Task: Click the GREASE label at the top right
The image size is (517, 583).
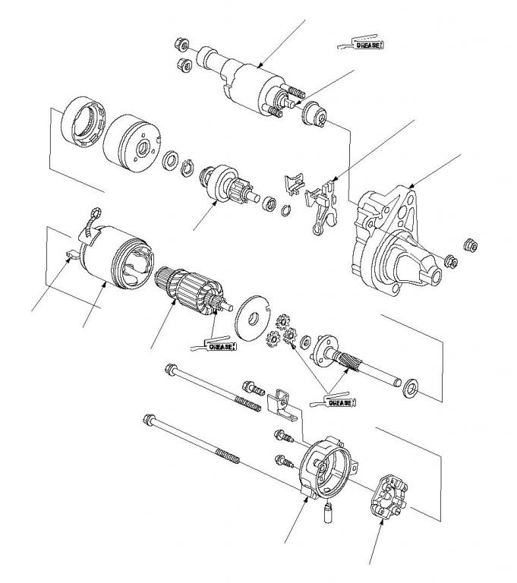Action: click(368, 45)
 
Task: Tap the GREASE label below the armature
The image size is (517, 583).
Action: click(222, 346)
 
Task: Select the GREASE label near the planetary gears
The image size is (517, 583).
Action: click(340, 402)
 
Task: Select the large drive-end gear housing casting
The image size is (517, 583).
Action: click(394, 241)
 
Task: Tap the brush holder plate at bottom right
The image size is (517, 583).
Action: click(389, 496)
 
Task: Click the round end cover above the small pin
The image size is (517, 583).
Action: click(327, 468)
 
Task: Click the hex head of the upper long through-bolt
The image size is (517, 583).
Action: click(171, 368)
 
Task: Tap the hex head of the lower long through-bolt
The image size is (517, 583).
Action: click(149, 419)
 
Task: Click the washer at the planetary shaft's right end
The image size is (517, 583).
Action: click(411, 389)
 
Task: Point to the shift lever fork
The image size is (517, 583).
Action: click(323, 206)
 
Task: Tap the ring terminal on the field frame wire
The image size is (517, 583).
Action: click(96, 213)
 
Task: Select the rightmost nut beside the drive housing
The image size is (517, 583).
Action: click(471, 245)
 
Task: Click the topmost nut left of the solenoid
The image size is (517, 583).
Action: click(181, 45)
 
